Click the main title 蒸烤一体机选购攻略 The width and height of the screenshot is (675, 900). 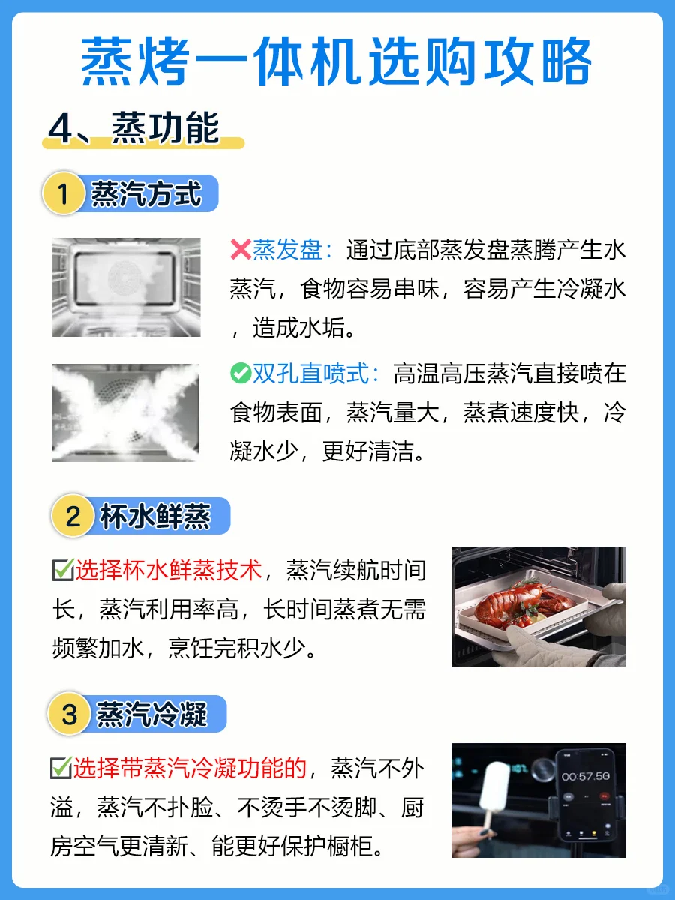click(336, 61)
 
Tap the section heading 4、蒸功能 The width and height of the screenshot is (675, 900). click(134, 128)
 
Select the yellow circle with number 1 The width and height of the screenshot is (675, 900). click(63, 193)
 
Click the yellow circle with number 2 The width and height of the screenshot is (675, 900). click(73, 516)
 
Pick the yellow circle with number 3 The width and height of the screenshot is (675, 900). click(69, 714)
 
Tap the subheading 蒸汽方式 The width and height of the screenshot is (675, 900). click(146, 194)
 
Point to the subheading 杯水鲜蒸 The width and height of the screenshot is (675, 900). click(156, 516)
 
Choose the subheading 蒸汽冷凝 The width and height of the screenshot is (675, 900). click(151, 714)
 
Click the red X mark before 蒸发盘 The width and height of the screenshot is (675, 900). click(241, 249)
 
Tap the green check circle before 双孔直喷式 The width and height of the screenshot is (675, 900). click(241, 373)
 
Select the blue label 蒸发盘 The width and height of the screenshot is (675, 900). click(287, 249)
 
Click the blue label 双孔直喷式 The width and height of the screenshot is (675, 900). click(310, 373)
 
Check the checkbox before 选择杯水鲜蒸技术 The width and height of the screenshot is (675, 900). click(63, 570)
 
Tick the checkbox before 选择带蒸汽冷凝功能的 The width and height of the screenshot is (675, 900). click(61, 768)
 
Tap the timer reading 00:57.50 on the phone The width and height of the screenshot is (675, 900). click(585, 776)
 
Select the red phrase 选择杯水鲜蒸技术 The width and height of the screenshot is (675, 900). click(169, 570)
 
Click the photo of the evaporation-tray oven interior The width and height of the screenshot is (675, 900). click(127, 287)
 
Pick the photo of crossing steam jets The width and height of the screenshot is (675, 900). click(126, 412)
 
